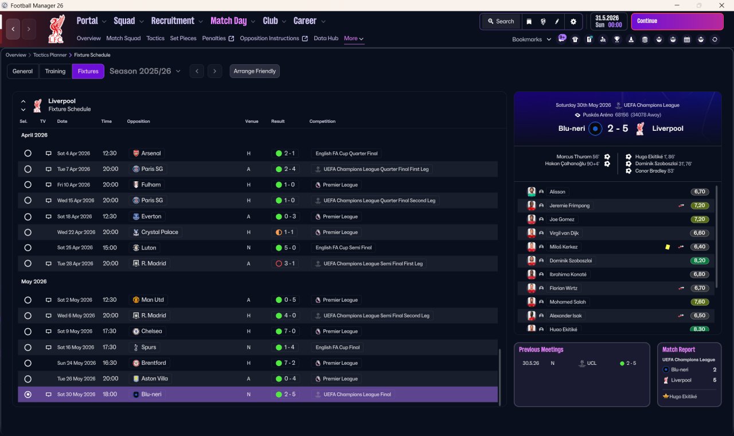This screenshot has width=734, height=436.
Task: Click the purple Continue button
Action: coord(677,21)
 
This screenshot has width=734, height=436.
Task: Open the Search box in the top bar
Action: coord(501,21)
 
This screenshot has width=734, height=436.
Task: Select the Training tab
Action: coord(55,71)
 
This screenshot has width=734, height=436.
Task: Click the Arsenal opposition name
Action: coord(151,153)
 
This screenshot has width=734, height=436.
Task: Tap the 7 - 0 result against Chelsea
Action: coord(290,331)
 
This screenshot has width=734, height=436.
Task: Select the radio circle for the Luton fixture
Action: coord(28,248)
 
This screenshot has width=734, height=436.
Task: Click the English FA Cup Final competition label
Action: coord(338,347)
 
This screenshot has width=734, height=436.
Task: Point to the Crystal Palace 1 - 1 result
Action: coord(288,232)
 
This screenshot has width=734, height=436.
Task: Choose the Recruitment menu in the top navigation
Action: coord(173,21)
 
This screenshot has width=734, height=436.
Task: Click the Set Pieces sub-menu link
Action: coord(183,38)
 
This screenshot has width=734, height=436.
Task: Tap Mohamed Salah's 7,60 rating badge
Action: coord(700,302)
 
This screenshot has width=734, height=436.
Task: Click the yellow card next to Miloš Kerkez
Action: coord(667,247)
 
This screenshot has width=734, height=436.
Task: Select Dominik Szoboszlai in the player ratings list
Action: coord(571,260)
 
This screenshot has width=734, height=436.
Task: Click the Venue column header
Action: coord(252,121)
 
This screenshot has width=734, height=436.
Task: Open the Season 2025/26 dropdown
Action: coord(145,71)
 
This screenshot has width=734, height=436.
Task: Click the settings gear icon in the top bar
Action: coord(573,21)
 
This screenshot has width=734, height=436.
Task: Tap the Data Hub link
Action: coord(326,38)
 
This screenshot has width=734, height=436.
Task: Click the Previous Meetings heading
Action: coord(541,349)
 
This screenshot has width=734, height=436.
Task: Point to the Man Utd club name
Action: coord(153,299)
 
